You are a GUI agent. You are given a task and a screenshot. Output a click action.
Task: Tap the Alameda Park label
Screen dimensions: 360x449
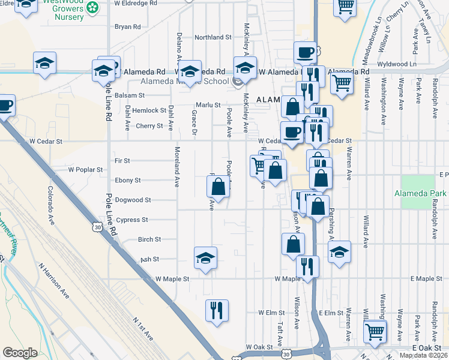[420, 193]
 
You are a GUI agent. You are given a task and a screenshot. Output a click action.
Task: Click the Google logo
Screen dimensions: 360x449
[20, 353]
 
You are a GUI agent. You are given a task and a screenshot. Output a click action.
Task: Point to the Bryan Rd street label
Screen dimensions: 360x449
[127, 27]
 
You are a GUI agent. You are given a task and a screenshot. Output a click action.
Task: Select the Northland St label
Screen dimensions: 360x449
[213, 37]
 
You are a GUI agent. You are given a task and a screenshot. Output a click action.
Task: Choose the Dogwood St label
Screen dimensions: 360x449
[133, 200]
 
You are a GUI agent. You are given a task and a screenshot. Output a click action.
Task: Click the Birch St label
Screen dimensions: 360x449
[149, 239]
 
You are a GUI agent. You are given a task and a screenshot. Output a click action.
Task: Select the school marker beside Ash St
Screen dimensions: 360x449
[205, 258]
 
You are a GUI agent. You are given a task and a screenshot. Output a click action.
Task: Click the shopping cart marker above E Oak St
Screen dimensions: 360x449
[375, 330]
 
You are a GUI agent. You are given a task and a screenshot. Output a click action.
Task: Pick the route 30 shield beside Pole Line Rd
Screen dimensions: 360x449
[97, 227]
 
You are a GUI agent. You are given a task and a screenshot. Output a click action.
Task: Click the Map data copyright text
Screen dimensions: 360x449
[424, 355]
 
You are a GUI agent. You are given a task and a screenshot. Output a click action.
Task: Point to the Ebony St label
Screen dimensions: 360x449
[128, 180]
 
